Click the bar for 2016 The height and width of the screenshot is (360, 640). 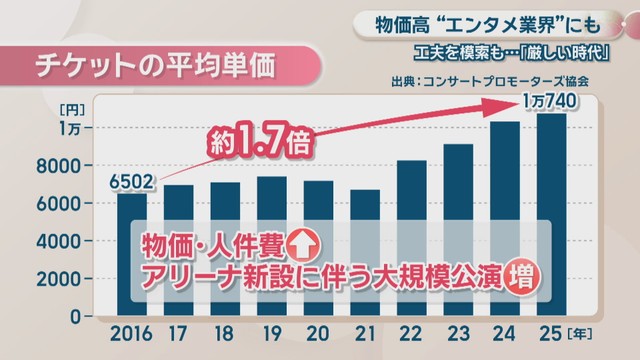[x=132, y=254]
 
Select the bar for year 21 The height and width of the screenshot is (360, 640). [x=365, y=252]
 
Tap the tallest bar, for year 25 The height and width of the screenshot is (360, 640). [x=551, y=214]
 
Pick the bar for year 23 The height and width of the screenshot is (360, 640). [x=458, y=230]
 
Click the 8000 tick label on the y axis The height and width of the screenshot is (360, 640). [x=58, y=166]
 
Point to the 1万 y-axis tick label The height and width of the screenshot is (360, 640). [x=69, y=129]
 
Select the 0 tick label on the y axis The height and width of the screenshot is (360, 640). [x=75, y=317]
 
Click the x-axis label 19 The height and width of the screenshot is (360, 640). [x=272, y=334]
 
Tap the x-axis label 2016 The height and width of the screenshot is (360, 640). [x=131, y=334]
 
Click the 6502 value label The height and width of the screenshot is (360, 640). [x=131, y=182]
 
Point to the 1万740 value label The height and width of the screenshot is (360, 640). [x=550, y=101]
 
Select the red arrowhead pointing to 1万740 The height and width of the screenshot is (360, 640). [x=500, y=107]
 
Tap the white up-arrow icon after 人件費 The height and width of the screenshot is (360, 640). [x=302, y=246]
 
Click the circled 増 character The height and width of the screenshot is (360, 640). [x=522, y=279]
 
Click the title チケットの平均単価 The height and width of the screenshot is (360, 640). [x=155, y=65]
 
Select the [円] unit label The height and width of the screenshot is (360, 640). [x=72, y=110]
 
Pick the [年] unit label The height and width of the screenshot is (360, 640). [x=579, y=334]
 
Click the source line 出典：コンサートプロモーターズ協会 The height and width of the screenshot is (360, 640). [x=489, y=81]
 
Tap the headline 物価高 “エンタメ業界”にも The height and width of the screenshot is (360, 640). [x=488, y=26]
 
